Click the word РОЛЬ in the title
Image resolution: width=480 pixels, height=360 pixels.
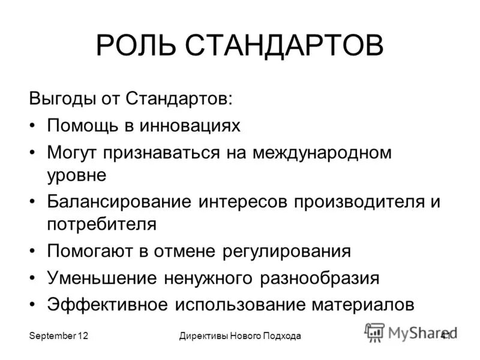[134, 46]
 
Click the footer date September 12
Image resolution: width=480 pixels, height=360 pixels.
[59, 337]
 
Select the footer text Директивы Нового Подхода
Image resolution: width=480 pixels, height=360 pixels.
[239, 337]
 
